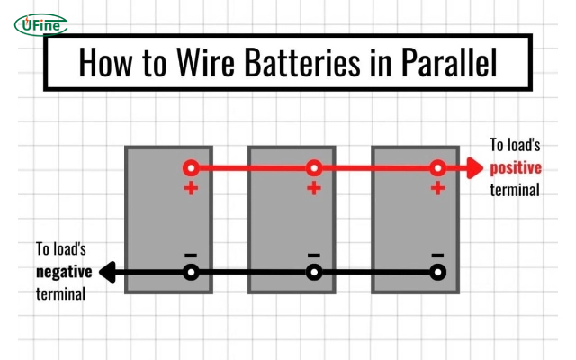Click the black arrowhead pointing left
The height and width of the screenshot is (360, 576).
(108, 271)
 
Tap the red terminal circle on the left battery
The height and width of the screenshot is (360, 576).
(190, 167)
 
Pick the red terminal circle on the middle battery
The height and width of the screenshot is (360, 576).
(313, 167)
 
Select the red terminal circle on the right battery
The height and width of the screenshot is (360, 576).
(437, 167)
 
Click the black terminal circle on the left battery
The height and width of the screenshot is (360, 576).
(190, 271)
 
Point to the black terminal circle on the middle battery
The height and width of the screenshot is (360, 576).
(313, 271)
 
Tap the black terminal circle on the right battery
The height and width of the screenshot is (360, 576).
(437, 271)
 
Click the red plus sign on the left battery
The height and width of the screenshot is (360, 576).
(190, 189)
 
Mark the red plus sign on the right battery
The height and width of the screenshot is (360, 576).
(437, 189)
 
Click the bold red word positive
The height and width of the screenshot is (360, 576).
(515, 167)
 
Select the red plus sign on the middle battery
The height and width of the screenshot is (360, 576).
(313, 189)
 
